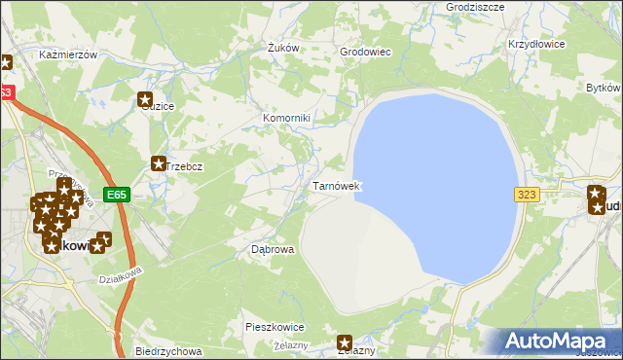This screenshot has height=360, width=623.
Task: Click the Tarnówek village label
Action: (x=337, y=186)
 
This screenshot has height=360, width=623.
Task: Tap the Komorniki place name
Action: (x=286, y=119)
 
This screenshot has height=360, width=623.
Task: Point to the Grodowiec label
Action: (x=364, y=52)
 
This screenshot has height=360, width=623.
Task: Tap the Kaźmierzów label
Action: (x=68, y=55)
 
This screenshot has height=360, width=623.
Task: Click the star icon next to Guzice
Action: (x=145, y=98)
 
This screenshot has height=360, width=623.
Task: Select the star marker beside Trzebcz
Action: (x=158, y=165)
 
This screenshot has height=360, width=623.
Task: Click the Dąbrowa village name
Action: (x=273, y=249)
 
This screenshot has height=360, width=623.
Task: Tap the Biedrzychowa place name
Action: (x=168, y=351)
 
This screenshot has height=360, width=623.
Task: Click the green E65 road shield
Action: (x=117, y=195)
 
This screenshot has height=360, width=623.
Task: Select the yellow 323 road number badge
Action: (x=527, y=195)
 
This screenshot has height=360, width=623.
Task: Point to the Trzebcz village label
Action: (x=184, y=166)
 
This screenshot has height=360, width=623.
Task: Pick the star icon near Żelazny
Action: (x=345, y=342)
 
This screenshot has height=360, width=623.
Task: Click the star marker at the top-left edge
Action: (x=5, y=63)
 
